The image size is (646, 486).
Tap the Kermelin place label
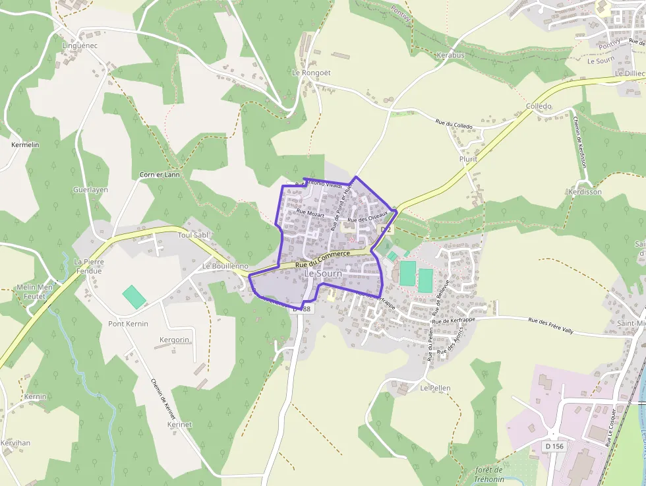tap(26, 144)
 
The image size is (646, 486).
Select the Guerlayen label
tap(90, 190)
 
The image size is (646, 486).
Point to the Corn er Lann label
tap(160, 175)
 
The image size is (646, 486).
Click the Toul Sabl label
tap(193, 234)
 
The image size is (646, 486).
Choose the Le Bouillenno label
tap(225, 266)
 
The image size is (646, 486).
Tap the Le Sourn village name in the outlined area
tap(323, 273)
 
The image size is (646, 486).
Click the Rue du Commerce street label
tap(322, 259)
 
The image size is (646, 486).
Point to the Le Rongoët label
tap(310, 73)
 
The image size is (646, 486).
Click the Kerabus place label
tap(450, 55)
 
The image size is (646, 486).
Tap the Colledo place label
tap(539, 106)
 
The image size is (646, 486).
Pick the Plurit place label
tap(468, 160)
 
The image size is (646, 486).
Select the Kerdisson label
tap(585, 192)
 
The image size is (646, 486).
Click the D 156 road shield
tap(554, 446)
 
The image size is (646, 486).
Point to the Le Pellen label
tap(435, 388)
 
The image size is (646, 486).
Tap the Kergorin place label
tap(175, 340)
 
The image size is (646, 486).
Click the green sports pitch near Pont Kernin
tap(134, 296)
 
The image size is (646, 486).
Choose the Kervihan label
tap(15, 442)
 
